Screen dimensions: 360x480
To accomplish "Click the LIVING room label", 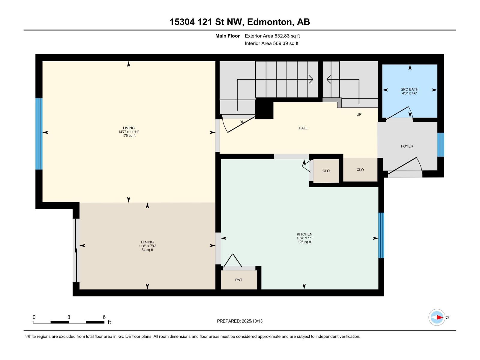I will tap(129, 128).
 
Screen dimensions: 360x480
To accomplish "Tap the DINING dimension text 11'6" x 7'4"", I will tap(147, 246).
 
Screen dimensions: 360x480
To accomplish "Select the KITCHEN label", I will tap(304, 234).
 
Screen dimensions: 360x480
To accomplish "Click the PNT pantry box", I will tap(239, 280).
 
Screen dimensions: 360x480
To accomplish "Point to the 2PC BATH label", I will tap(409, 89).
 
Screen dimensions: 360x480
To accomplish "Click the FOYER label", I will tap(407, 146).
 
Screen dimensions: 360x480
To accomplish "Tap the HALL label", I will tap(303, 128).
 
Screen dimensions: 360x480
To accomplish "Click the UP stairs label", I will tap(359, 115).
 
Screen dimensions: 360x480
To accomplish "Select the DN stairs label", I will tap(242, 122).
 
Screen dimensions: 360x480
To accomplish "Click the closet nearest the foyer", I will tap(360, 170).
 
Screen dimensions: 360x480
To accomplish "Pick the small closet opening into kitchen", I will tap(326, 171).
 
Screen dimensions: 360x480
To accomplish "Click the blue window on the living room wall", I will tap(39, 134).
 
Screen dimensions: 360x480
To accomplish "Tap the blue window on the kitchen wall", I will tap(381, 235).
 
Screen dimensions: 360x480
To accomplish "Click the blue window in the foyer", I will tap(440, 145).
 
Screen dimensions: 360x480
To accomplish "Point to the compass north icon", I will tap(437, 317).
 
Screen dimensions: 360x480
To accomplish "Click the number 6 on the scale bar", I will tap(104, 317).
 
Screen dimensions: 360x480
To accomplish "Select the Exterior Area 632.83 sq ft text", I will tap(272, 36).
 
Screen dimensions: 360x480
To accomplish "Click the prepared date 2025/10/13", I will tap(252, 321).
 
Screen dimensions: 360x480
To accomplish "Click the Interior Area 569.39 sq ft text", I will tap(271, 43).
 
